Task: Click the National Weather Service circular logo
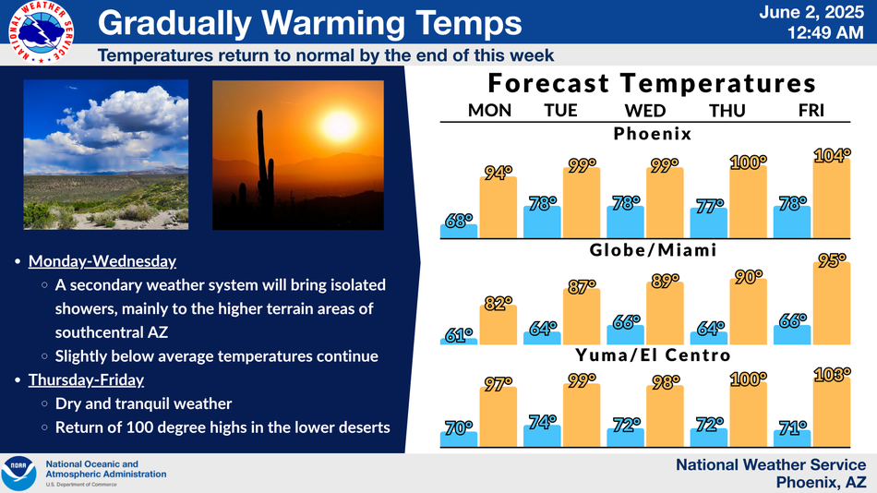coord(41,32)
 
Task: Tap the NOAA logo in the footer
coord(18,474)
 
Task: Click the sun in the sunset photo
coord(338,125)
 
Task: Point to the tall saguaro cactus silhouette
coord(264,162)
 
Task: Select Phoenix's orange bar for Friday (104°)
coord(831,198)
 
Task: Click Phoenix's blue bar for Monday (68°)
coord(459,231)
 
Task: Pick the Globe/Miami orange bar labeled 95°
coord(831,304)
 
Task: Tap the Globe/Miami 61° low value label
coord(459,335)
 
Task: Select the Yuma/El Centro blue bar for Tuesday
coord(542,436)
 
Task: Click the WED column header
coord(645,110)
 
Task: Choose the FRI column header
coord(811,110)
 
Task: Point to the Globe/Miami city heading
coord(653,249)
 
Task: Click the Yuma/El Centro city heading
coord(653,355)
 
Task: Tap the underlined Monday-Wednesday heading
coord(102,261)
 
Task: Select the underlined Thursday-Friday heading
coord(86,380)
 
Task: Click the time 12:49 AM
coord(825,33)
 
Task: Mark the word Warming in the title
coord(332,23)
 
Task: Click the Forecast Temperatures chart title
coord(652,83)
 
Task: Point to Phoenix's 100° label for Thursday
coord(748,162)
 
